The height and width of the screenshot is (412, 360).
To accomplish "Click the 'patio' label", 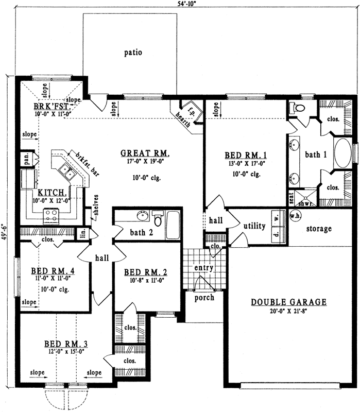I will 133,52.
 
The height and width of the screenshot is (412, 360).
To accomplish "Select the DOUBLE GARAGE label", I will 288,302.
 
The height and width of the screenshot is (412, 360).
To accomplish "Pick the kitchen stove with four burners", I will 51,216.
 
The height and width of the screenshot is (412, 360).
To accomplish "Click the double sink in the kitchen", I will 68,170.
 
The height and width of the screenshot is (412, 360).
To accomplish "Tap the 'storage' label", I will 318,229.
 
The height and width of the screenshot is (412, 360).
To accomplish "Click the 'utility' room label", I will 254,226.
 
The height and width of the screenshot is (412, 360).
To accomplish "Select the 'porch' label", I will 204,298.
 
